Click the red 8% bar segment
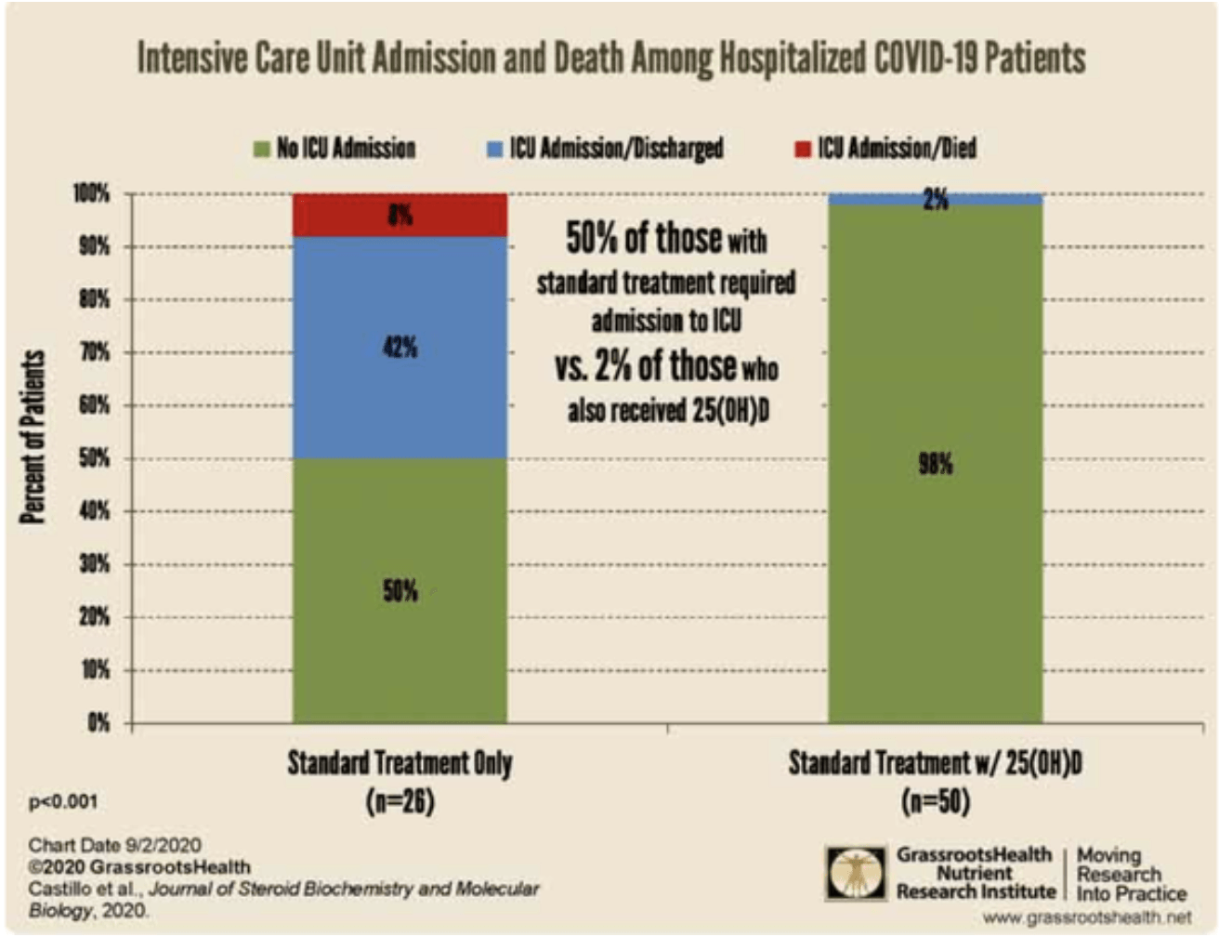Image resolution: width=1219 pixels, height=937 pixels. [x=400, y=215]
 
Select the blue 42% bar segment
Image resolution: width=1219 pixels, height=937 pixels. [x=400, y=348]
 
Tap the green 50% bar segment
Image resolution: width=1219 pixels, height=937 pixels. [x=400, y=590]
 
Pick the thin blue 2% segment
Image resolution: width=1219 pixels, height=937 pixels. [x=935, y=199]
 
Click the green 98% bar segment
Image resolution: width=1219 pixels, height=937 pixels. [x=935, y=464]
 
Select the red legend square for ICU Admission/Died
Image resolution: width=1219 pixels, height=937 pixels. [x=802, y=150]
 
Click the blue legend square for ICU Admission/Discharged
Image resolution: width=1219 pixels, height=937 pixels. [x=494, y=150]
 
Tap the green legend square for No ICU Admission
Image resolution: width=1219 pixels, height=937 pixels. [x=261, y=150]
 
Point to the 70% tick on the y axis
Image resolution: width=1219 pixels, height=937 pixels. [x=94, y=352]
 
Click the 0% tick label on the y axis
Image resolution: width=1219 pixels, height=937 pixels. [x=98, y=722]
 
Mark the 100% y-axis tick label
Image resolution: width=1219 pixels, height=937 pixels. [x=91, y=193]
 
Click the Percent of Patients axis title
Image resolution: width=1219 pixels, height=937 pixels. [x=32, y=437]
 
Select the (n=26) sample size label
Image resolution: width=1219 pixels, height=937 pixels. [x=400, y=801]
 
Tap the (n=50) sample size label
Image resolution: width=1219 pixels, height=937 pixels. [x=935, y=801]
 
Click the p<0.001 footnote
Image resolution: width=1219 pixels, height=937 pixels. [x=63, y=802]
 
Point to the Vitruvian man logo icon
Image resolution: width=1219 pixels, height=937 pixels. [x=856, y=873]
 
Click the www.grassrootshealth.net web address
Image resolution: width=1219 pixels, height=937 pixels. [x=1087, y=917]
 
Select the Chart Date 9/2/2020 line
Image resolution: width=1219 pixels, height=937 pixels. [x=115, y=845]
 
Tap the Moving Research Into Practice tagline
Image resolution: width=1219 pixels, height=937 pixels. [x=1132, y=874]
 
